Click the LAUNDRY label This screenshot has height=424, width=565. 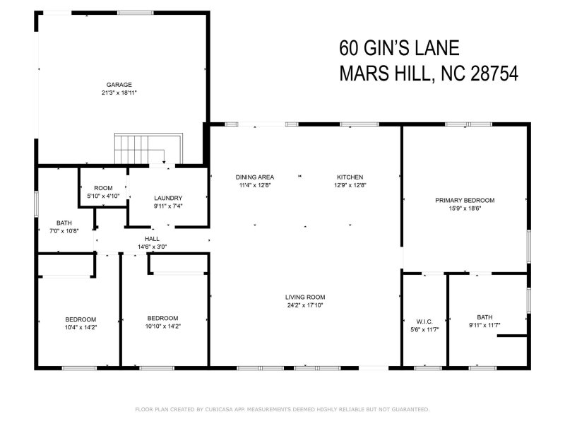click(x=169, y=198)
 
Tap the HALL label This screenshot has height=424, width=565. click(x=152, y=240)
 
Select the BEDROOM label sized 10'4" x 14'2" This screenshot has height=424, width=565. click(x=81, y=319)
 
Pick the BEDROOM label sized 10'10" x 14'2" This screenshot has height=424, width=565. click(x=162, y=318)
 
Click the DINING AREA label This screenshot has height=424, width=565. click(x=255, y=177)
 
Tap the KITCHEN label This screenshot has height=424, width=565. click(x=350, y=177)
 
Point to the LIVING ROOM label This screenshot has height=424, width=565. click(x=305, y=297)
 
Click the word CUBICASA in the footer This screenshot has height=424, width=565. click(x=225, y=409)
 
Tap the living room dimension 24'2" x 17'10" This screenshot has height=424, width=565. click(x=305, y=305)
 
